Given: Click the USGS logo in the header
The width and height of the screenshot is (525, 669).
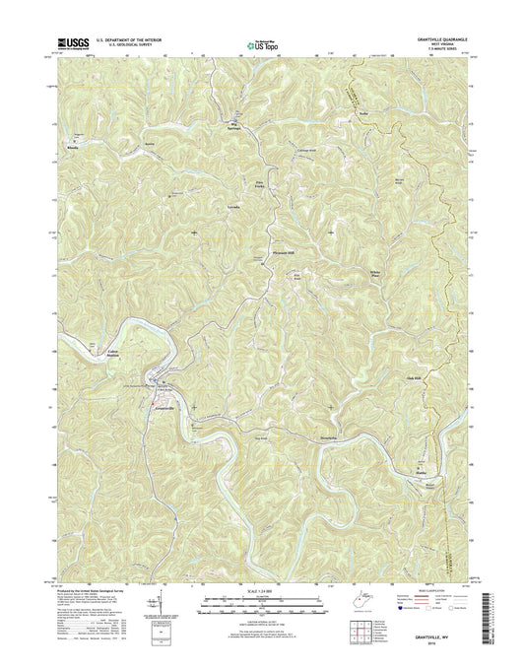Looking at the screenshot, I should click(73, 43).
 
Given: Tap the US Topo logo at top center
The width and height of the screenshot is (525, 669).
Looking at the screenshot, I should click(257, 44).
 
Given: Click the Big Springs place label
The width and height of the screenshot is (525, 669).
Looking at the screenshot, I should click(235, 124).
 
